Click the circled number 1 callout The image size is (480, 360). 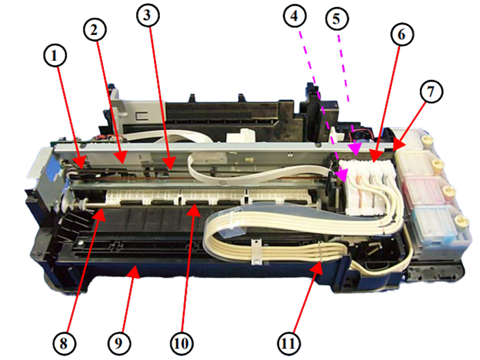point(55,55)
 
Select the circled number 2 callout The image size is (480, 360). point(94,29)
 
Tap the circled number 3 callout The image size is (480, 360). point(148,14)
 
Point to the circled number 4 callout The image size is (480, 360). point(295,16)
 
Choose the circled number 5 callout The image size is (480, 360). point(336,18)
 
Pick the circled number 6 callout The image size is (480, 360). point(402,35)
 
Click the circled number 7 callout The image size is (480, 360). point(431,92)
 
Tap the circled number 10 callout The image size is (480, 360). point(181,344)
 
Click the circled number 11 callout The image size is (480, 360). point(289,344)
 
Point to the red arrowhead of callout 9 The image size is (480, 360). point(134,272)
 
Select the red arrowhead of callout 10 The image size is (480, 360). point(194,211)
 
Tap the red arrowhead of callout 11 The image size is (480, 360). point(317,268)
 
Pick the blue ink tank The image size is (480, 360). point(435,225)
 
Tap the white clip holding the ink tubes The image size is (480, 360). point(256,252)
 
